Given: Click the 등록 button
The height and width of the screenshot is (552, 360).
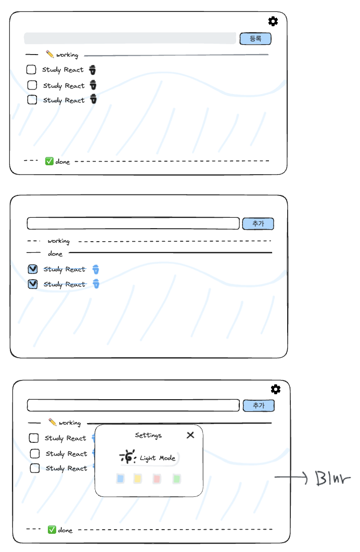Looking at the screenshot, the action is [255, 39].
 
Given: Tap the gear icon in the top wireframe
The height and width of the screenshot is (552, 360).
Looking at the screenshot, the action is [273, 21].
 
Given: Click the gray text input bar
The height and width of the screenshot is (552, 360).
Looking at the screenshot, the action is [130, 38].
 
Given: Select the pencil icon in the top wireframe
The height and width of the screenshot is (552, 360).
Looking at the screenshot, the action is [49, 54].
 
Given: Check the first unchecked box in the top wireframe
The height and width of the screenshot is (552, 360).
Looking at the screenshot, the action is [31, 69].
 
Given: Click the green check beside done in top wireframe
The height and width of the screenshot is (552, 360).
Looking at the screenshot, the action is [49, 161].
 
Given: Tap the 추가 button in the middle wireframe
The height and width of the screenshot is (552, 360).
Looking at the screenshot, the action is [258, 224].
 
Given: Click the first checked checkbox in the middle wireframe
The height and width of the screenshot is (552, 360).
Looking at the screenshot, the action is [33, 269].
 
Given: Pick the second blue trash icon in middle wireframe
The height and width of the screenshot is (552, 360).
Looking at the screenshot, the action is [96, 283].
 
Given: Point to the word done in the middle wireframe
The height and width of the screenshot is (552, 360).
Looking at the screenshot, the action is [55, 254].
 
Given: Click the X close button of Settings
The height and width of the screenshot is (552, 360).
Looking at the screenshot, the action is [190, 435].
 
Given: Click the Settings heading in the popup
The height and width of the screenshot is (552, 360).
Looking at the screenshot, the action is [148, 436].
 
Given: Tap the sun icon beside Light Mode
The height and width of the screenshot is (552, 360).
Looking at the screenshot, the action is [127, 456].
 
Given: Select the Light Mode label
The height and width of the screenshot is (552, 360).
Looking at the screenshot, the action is [158, 458].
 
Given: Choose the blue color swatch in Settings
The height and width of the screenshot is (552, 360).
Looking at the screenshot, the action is [121, 478].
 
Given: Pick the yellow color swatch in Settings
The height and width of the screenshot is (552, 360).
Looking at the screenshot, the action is [138, 478].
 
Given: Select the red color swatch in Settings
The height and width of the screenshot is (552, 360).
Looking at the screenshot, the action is [157, 478].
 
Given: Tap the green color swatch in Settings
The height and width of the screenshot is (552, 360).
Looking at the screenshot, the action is [177, 478].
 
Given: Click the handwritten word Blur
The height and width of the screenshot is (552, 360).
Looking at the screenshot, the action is [333, 478].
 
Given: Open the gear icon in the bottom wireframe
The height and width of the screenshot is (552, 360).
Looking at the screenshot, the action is [276, 389].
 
